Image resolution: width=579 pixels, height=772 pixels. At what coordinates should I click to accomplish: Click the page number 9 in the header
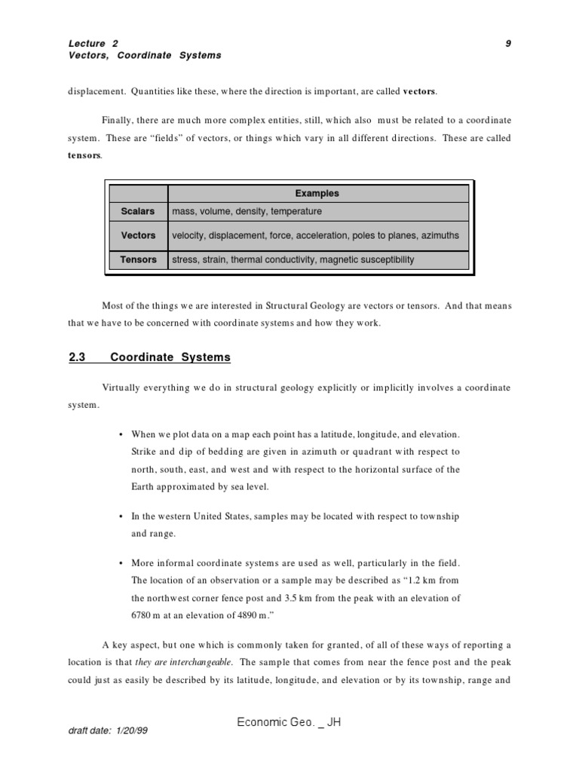tap(509, 44)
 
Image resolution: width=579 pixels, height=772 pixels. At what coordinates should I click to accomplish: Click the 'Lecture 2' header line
tap(93, 44)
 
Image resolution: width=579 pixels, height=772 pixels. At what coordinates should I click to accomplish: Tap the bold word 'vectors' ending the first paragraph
tap(419, 92)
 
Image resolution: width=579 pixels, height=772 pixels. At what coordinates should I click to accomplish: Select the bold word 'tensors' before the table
tap(84, 155)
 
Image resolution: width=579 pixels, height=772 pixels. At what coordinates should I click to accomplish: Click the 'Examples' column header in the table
tap(317, 193)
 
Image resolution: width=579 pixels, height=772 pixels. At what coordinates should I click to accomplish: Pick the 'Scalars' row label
tap(139, 212)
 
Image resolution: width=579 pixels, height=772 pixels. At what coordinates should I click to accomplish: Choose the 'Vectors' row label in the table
tap(139, 235)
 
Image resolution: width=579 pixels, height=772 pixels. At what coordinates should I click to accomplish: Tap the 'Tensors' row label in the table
tap(139, 259)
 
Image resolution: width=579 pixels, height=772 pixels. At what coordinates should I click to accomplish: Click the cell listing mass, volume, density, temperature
tap(247, 212)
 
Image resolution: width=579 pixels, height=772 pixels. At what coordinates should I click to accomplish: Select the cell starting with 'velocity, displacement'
tap(315, 235)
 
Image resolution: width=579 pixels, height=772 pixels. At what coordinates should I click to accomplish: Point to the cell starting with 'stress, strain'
tap(293, 259)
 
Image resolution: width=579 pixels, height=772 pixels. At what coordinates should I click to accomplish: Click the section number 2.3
tap(77, 357)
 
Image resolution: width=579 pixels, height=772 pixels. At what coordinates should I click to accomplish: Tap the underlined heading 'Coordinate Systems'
tap(170, 357)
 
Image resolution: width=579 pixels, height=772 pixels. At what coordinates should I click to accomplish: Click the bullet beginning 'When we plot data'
tap(121, 435)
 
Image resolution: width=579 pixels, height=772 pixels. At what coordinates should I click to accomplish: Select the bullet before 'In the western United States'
tap(121, 516)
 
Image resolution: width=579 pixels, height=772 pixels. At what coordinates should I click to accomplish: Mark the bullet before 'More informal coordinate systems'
tap(121, 564)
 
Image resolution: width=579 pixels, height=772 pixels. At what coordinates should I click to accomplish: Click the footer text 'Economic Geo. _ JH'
tap(289, 722)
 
